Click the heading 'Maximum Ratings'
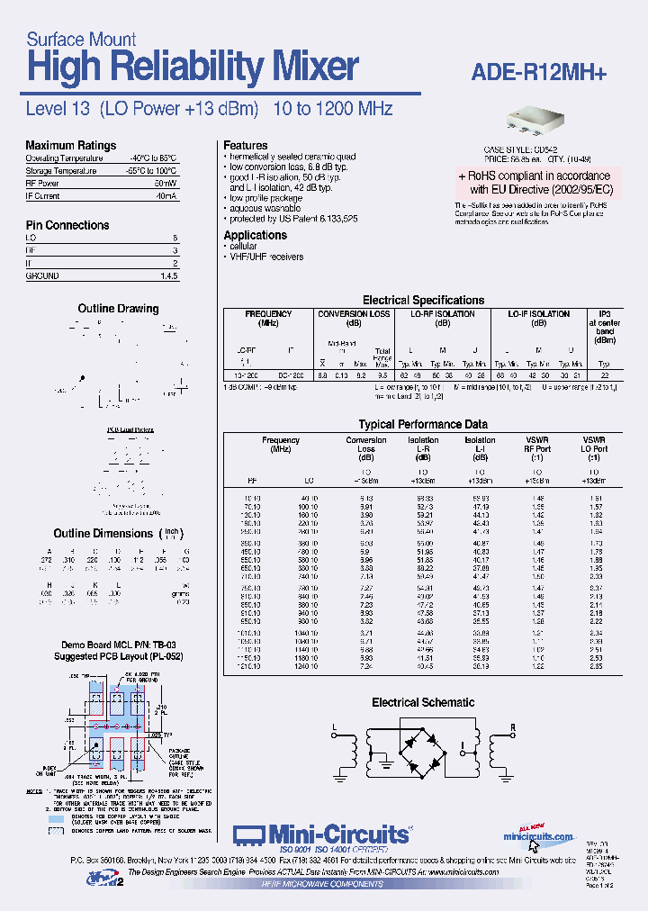click(x=70, y=145)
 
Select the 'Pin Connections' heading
click(x=67, y=225)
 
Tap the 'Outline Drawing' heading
click(x=118, y=309)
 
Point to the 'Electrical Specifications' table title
click(x=423, y=300)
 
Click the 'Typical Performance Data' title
click(x=423, y=424)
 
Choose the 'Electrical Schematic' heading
click(x=423, y=702)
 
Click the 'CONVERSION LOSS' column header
click(x=354, y=314)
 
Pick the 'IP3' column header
click(x=605, y=314)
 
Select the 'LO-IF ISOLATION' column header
click(x=538, y=314)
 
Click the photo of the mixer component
click(x=535, y=121)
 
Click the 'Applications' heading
click(x=255, y=235)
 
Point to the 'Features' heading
click(x=245, y=145)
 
